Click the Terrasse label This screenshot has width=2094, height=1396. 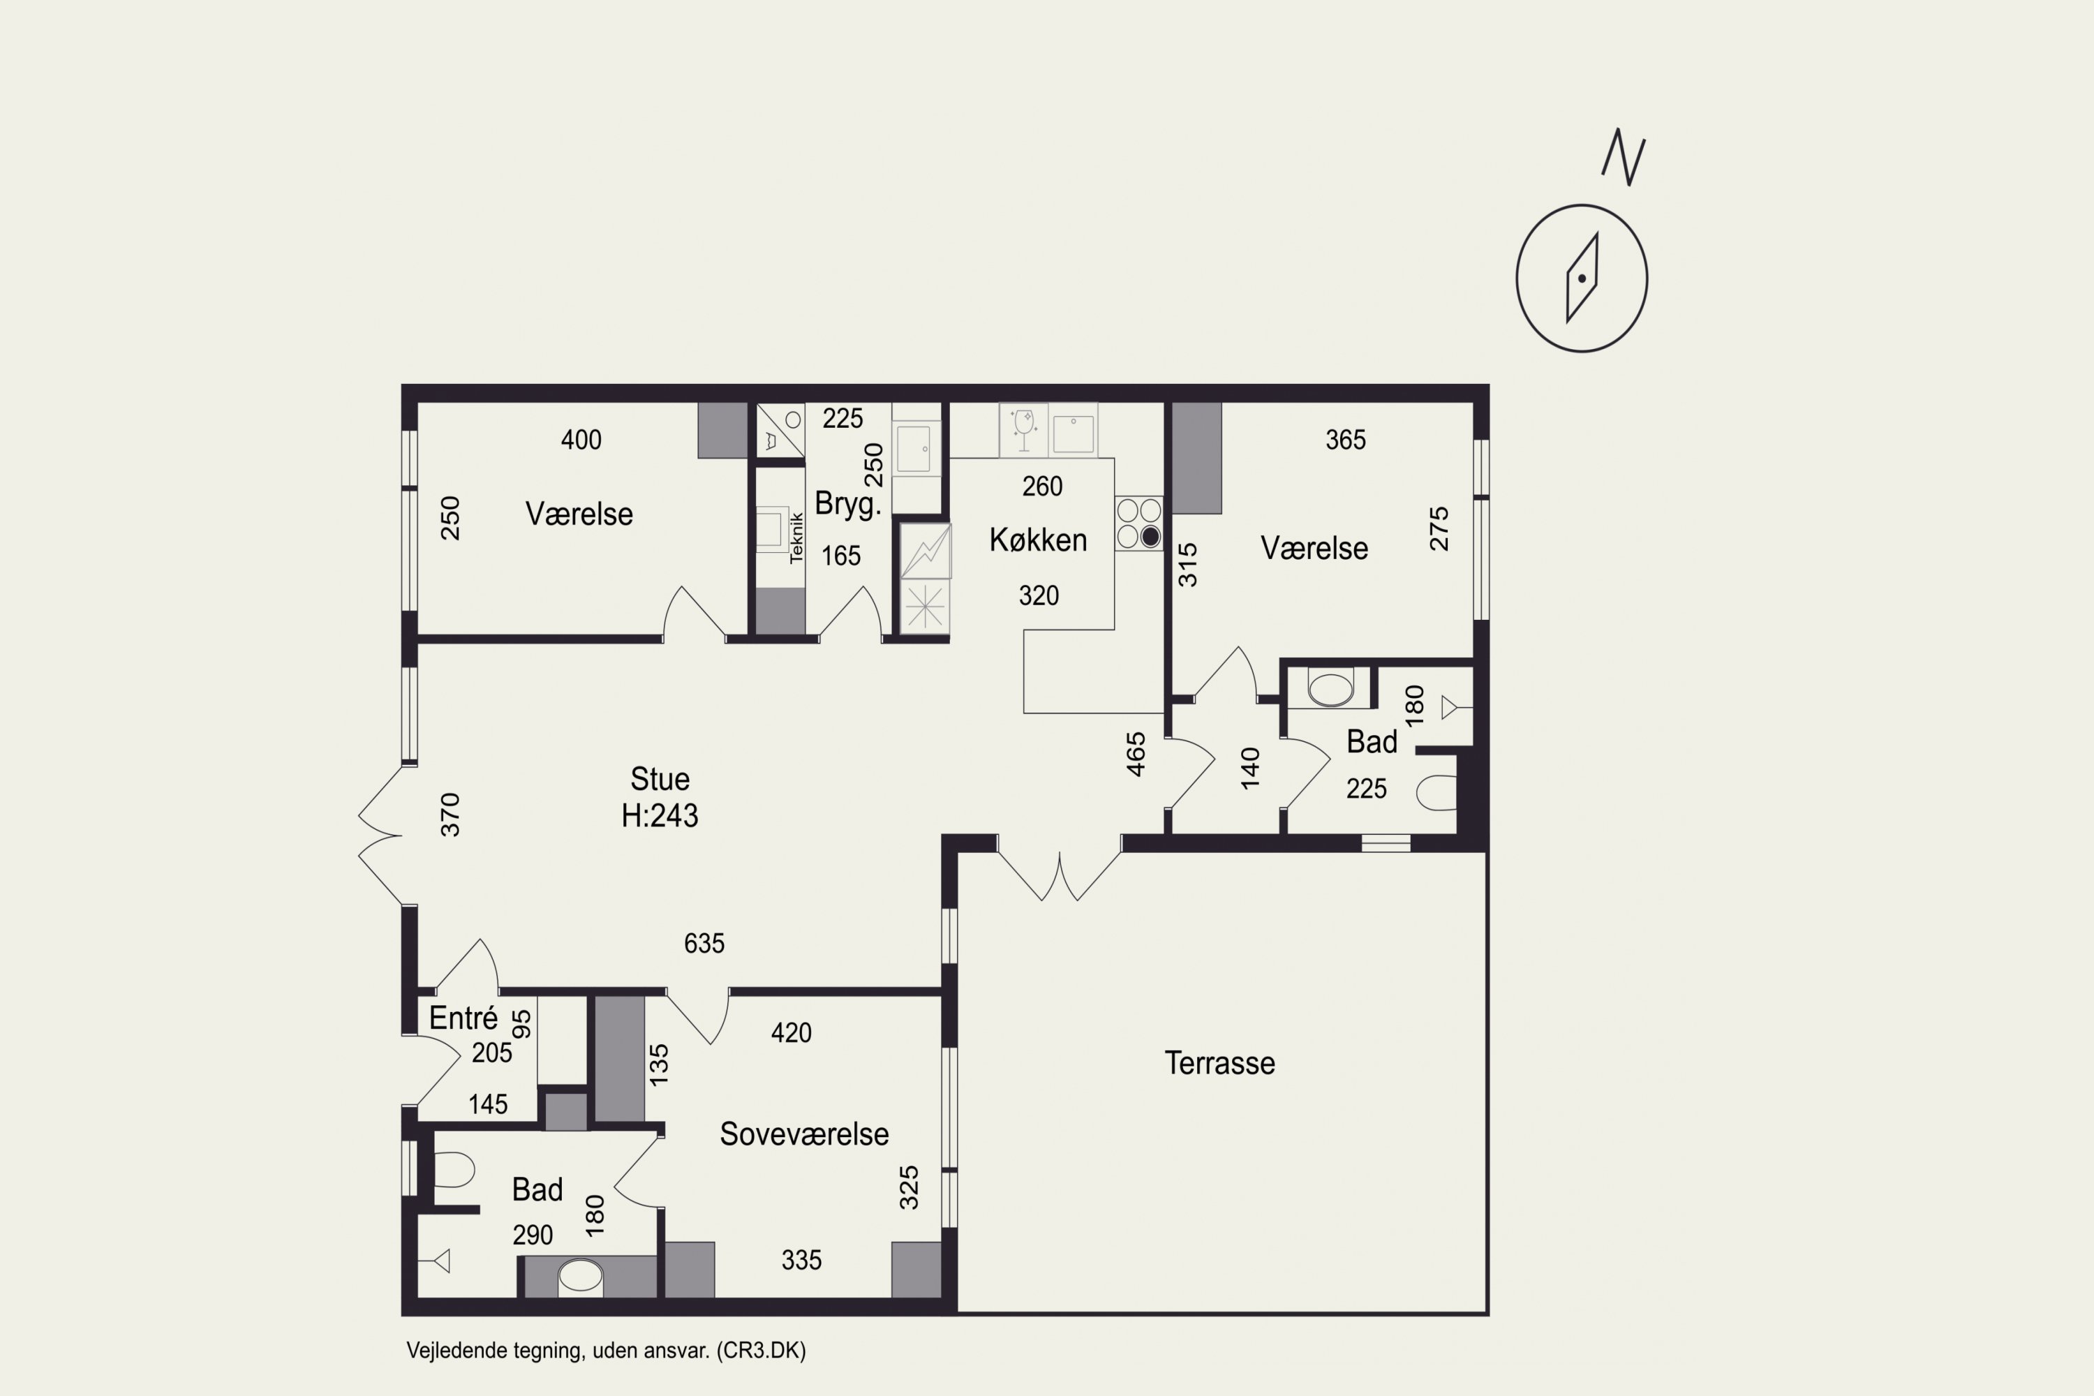click(x=1219, y=1063)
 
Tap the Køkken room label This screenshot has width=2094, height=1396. click(x=1038, y=540)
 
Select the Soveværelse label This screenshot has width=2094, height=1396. click(x=804, y=1134)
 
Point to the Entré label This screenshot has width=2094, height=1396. click(x=463, y=1018)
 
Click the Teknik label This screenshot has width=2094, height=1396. click(x=797, y=537)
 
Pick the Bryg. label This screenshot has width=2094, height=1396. click(x=847, y=505)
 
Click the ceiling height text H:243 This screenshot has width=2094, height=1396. click(x=660, y=815)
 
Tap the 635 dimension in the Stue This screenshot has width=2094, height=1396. click(x=704, y=944)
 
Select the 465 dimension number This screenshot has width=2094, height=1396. click(x=1136, y=754)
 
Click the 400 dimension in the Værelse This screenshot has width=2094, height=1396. click(x=581, y=440)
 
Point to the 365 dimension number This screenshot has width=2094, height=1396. click(x=1345, y=440)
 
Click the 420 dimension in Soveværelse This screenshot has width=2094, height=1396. click(x=792, y=1033)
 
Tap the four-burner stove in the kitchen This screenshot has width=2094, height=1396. click(x=1138, y=523)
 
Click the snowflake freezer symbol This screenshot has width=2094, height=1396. click(x=925, y=608)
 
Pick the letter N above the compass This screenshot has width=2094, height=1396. click(x=1623, y=158)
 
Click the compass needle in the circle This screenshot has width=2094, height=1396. click(x=1582, y=277)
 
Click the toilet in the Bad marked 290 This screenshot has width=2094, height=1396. click(x=453, y=1170)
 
